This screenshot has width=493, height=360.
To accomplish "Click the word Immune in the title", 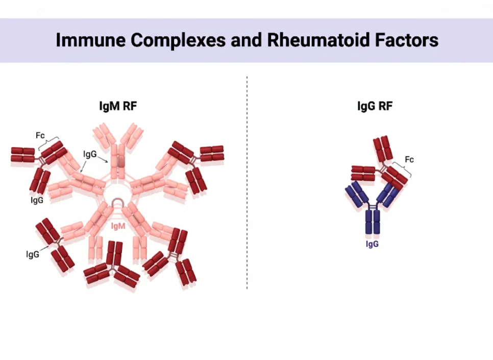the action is click(91, 40).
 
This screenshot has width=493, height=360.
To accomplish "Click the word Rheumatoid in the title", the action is click(318, 40).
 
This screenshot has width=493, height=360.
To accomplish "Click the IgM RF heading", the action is click(118, 106).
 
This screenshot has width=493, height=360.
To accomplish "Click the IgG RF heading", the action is click(375, 106).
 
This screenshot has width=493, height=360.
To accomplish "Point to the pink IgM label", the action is click(118, 226).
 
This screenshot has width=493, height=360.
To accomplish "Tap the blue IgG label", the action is click(372, 244).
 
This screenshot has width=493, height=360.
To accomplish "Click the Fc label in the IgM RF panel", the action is click(40, 135).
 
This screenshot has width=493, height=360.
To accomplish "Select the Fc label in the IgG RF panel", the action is click(409, 159).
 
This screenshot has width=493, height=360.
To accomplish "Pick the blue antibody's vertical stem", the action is click(373, 222).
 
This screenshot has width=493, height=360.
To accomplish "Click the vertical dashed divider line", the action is click(247, 182).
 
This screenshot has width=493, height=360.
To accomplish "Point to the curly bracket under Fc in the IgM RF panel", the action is click(48, 143).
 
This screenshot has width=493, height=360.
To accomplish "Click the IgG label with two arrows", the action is click(90, 154).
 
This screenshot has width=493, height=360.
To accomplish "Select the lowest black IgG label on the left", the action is click(33, 254).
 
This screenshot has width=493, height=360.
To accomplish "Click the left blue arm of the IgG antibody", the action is click(357, 194).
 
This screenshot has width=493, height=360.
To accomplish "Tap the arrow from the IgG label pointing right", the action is click(103, 159).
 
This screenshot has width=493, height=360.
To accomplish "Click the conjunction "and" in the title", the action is click(246, 40).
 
